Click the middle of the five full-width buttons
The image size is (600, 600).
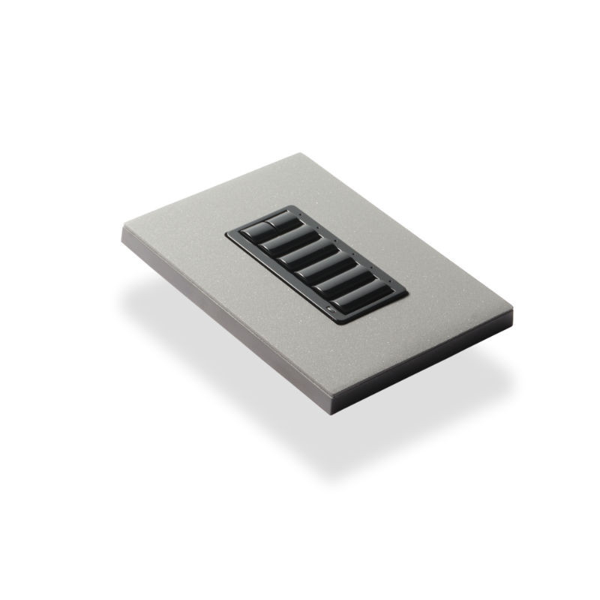pyautogui.click(x=316, y=264)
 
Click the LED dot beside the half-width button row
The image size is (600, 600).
pyautogui.click(x=300, y=217)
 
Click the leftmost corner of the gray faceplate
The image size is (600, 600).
pyautogui.click(x=122, y=227)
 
